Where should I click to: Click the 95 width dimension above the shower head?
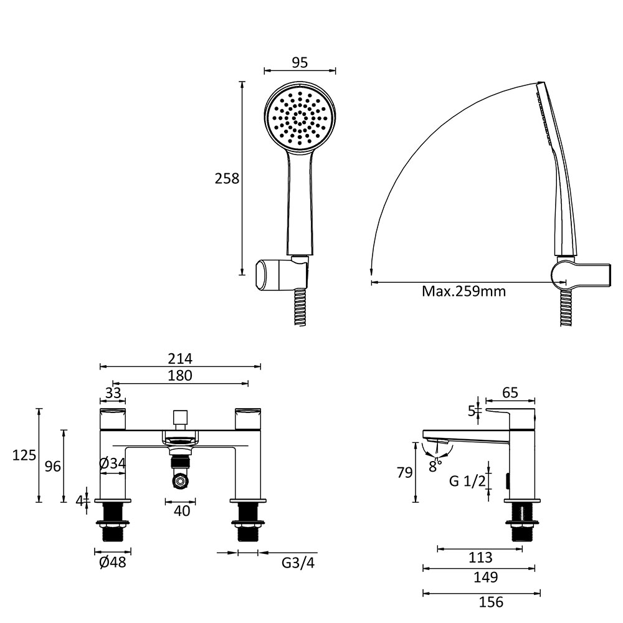(x=300, y=62)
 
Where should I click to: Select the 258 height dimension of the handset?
(x=227, y=178)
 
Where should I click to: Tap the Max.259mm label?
(x=464, y=291)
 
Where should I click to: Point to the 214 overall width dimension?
(x=180, y=358)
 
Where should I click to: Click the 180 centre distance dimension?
(x=180, y=375)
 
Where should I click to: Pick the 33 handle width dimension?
(x=113, y=393)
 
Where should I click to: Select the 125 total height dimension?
(x=24, y=455)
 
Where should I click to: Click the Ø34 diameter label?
(x=112, y=464)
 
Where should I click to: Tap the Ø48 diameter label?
(x=112, y=562)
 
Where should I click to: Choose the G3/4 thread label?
(x=298, y=563)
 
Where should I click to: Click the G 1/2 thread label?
(x=467, y=481)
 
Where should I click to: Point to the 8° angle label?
(x=435, y=465)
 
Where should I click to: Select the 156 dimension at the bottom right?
(x=491, y=602)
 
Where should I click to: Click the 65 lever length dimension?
(x=511, y=392)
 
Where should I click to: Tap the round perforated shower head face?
(x=300, y=118)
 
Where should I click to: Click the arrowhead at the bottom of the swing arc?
(x=371, y=271)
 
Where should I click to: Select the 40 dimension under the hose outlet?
(x=182, y=511)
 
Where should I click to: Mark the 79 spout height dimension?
(x=405, y=473)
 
